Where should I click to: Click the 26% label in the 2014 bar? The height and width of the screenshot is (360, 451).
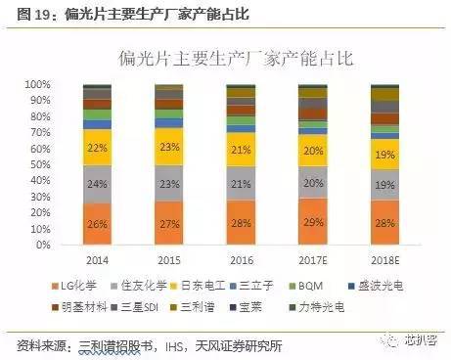pos(98,223)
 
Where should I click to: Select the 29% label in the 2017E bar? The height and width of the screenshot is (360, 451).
pos(312,221)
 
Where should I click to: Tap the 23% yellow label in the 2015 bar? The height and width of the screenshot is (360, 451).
pos(169,147)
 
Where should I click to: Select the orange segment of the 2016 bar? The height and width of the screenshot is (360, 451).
pos(241,222)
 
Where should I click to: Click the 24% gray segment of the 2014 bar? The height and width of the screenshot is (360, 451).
pos(98,183)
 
